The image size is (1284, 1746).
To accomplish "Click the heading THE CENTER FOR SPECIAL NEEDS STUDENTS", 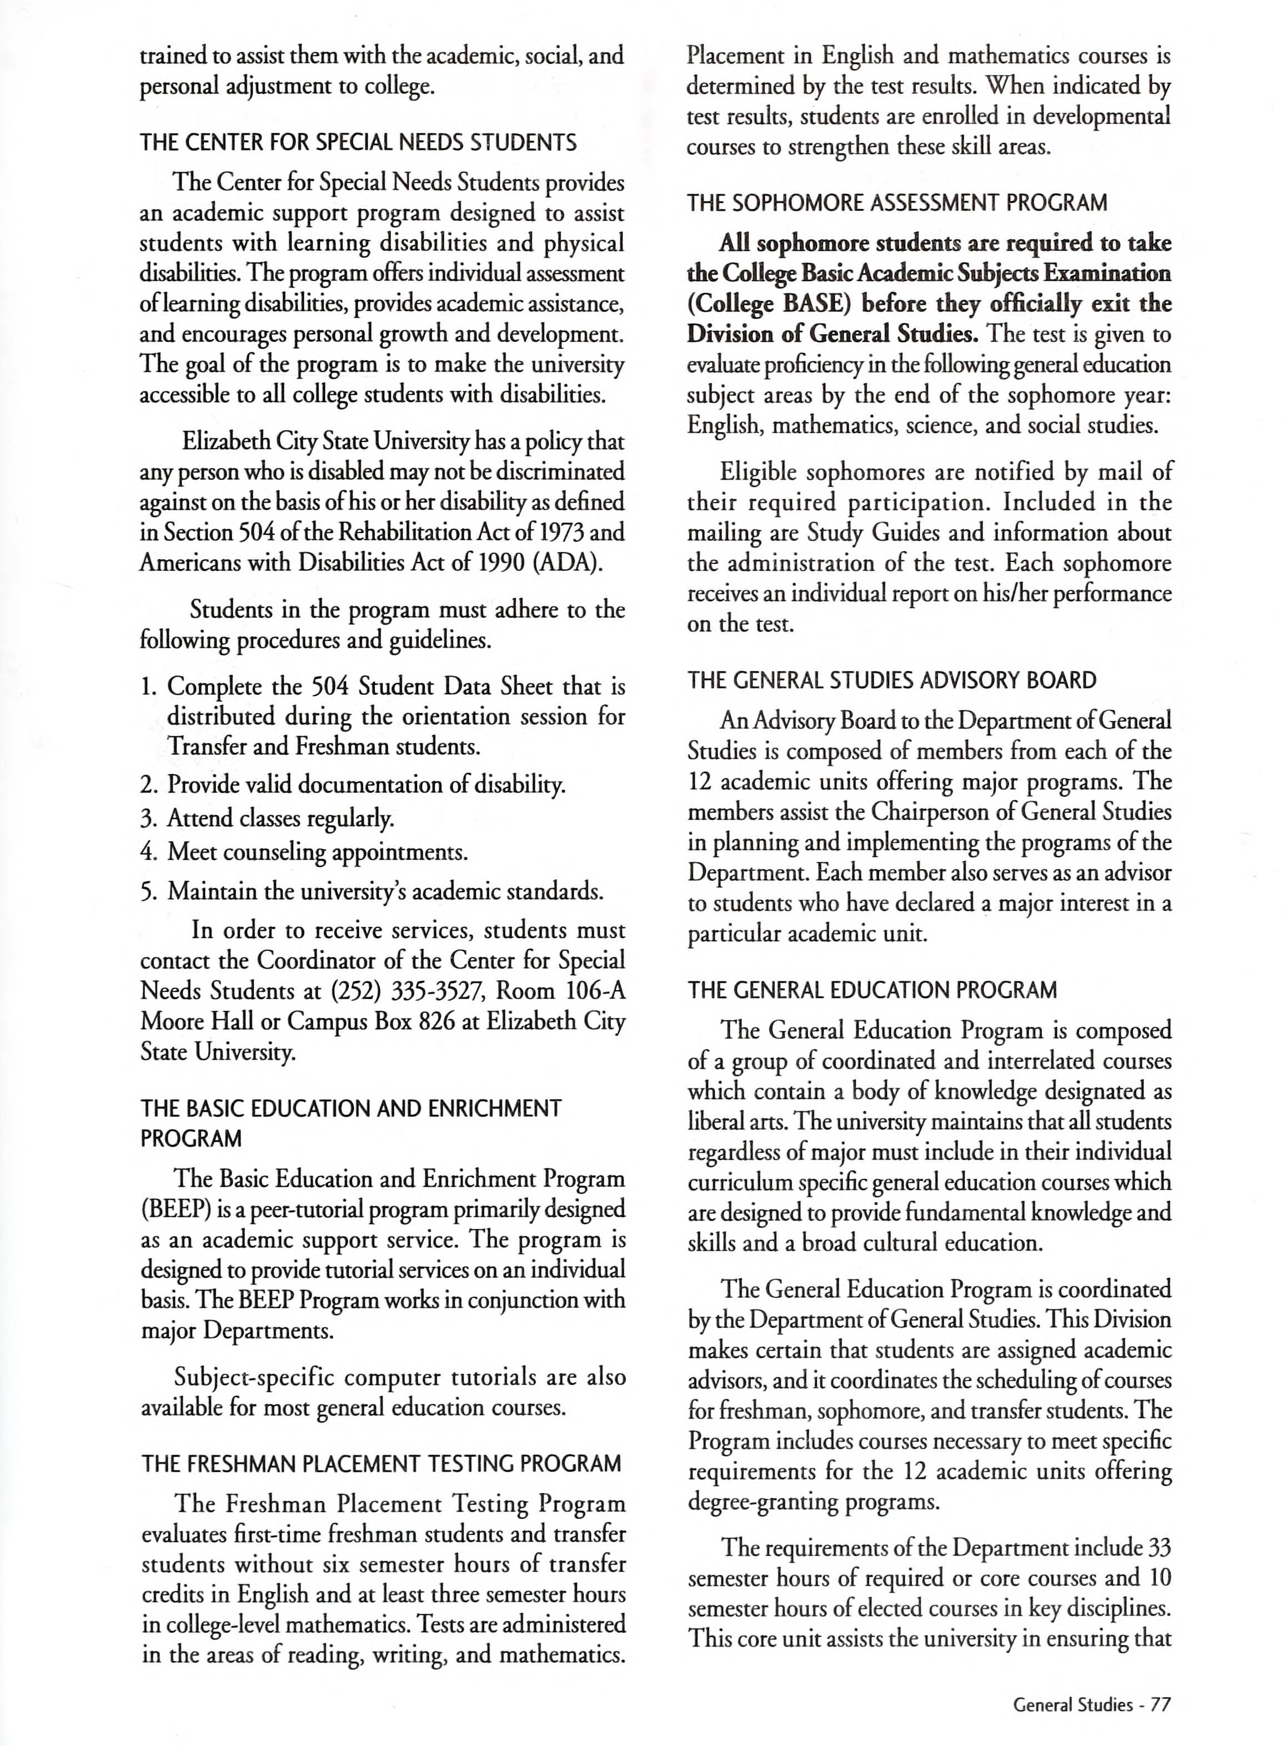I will tap(358, 143).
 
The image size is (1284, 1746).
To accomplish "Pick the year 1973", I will tap(556, 532).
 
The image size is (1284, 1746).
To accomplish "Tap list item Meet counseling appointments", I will tap(317, 852).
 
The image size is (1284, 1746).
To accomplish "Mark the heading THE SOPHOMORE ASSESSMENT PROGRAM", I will tap(897, 204).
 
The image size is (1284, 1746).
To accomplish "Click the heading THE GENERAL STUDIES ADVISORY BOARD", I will tap(891, 681).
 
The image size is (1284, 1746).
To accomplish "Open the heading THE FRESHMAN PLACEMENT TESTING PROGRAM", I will tap(381, 1464).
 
